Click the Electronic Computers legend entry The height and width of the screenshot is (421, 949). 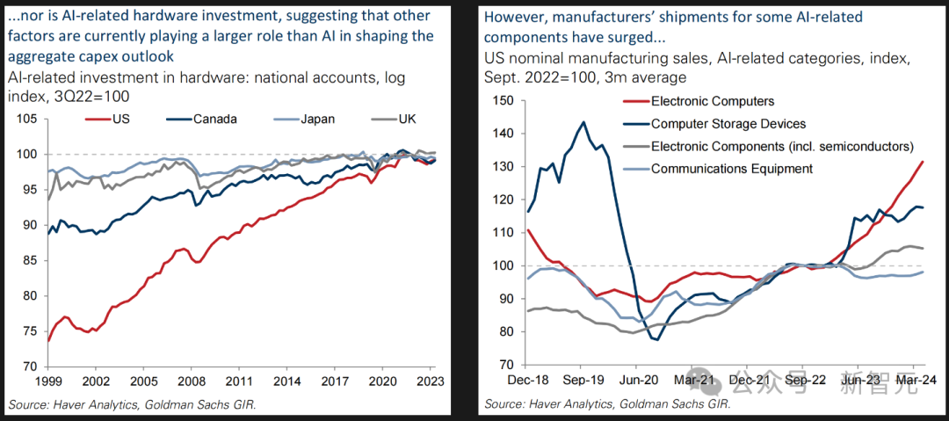(712, 101)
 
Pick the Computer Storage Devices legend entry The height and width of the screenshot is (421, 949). (728, 124)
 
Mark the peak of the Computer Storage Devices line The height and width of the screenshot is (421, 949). (583, 122)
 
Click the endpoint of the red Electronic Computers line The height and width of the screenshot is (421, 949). (922, 162)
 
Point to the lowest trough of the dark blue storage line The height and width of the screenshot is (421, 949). (655, 339)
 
